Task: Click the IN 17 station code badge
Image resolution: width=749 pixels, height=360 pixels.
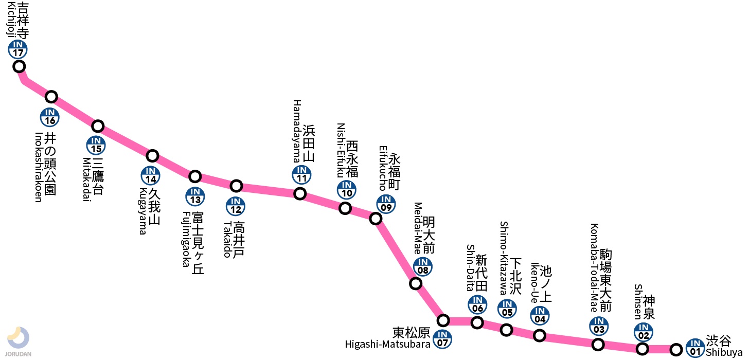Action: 17,49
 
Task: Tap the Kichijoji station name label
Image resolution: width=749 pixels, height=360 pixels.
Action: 17,20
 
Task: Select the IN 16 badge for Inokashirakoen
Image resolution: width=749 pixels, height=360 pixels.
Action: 50,117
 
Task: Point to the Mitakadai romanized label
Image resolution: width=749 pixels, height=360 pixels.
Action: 87,179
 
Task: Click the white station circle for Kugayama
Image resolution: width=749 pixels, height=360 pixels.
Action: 152,155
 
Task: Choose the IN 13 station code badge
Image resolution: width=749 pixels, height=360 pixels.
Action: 195,196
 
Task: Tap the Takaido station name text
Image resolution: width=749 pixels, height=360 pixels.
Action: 234,239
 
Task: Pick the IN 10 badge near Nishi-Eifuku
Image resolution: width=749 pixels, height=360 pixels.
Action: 347,190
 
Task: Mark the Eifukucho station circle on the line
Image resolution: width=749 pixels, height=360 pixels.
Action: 376,219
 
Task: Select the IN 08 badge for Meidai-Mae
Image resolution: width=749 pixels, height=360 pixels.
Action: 423,266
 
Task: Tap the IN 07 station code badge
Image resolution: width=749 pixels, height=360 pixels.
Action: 442,338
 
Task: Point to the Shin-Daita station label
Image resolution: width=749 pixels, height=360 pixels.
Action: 477,268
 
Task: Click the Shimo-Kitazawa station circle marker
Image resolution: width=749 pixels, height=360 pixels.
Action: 507,330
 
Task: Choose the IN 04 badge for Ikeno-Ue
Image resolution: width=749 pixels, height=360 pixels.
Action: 540,316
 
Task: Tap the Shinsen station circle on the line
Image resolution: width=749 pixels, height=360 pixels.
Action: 643,349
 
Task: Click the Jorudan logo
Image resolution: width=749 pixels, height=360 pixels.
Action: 19,341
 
